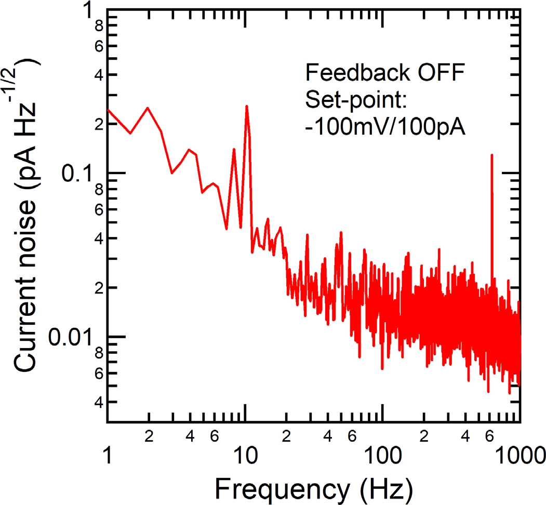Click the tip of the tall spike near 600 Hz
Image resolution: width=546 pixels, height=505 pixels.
(491, 155)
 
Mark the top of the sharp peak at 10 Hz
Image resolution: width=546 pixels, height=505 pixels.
(247, 107)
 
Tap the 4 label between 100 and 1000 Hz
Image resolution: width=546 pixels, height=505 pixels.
(465, 436)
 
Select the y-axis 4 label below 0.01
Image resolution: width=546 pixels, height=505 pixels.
(97, 402)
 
